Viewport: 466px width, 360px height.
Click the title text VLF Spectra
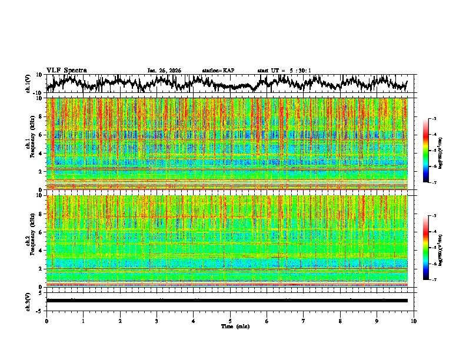66,70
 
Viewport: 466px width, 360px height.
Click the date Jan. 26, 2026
164,71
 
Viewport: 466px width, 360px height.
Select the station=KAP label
218,71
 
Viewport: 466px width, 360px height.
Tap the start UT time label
284,71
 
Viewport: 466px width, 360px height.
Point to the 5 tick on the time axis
230,321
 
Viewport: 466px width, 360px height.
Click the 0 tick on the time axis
46,321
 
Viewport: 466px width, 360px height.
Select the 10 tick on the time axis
414,321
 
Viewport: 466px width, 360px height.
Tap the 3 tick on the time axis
157,321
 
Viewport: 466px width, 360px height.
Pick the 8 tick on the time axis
340,321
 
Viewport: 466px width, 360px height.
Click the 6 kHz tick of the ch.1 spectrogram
42,135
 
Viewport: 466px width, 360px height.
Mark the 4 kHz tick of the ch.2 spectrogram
42,250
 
